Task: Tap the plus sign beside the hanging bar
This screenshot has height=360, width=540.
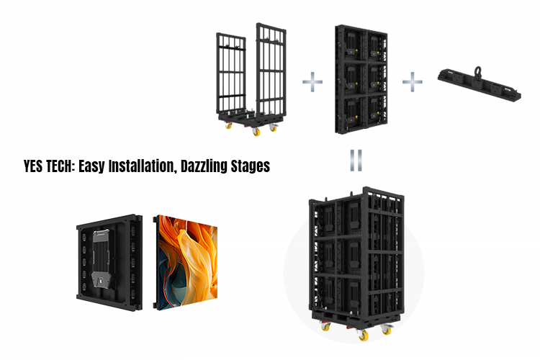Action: pos(411,81)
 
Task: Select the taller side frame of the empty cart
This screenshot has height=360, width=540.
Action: pos(270,72)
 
